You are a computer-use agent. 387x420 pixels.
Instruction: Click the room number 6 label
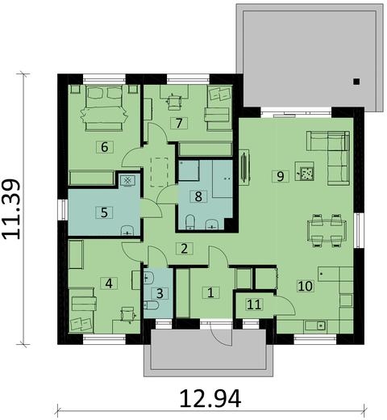[x=102, y=146]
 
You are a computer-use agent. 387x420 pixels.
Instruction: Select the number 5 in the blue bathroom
[x=103, y=212]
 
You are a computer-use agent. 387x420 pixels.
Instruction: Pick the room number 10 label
[x=306, y=285]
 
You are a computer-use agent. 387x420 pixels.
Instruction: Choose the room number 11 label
[x=254, y=304]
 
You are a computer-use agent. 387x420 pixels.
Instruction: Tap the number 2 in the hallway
[x=185, y=248]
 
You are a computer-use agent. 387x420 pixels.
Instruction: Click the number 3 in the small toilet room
[x=160, y=294]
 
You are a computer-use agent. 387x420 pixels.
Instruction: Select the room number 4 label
[x=109, y=283]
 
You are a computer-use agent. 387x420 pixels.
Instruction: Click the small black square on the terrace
[x=356, y=80]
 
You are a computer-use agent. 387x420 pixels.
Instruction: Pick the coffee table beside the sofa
[x=306, y=170]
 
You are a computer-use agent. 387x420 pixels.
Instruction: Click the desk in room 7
[x=173, y=101]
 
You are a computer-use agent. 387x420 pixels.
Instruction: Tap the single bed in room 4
[x=83, y=312]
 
